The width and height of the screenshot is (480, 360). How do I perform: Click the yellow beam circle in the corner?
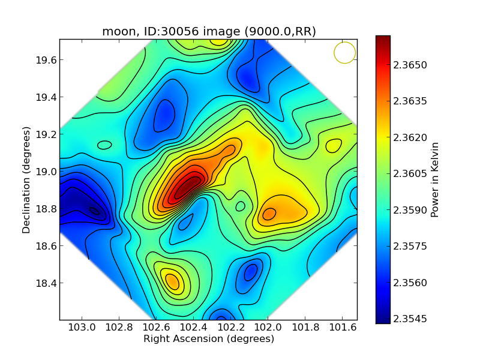point(345,53)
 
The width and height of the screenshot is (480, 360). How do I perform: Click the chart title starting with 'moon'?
point(209,32)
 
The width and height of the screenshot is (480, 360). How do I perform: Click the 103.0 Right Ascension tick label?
point(82,328)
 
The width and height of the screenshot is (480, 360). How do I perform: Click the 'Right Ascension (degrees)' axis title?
point(209,339)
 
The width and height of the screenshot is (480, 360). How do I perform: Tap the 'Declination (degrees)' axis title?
point(27,179)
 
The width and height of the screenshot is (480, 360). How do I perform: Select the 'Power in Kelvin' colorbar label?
point(436,179)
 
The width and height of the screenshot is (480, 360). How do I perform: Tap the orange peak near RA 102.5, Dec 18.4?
point(172,281)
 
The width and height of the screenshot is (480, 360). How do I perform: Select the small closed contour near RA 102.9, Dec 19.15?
point(104,145)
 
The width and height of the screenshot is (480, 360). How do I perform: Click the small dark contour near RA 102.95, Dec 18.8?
point(94,211)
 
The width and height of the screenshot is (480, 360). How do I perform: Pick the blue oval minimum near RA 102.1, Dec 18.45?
point(251,272)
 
